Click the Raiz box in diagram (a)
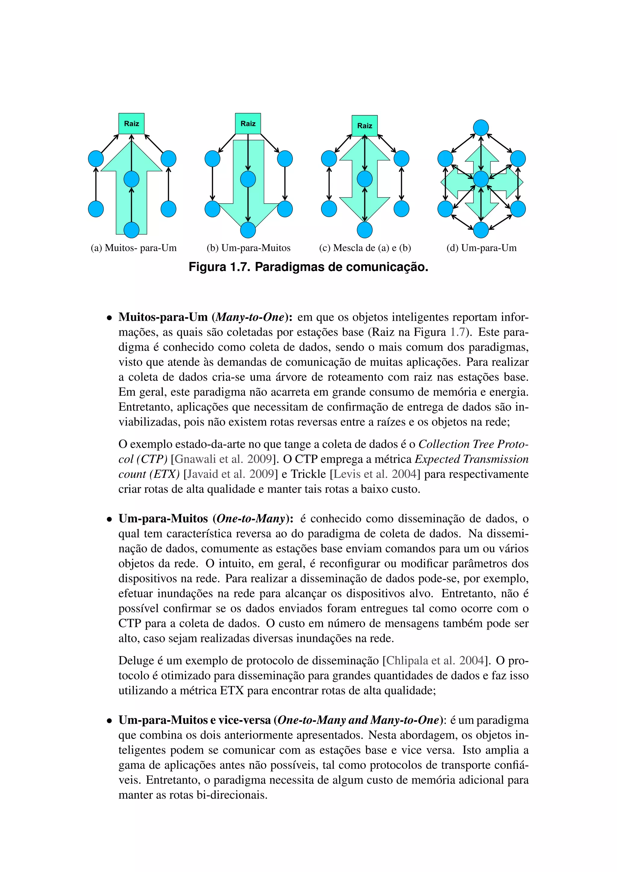(131, 123)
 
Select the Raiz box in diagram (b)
(248, 123)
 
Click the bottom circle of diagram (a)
(131, 230)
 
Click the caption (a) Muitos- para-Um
(133, 248)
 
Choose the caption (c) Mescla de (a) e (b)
(365, 248)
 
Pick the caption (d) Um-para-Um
(481, 248)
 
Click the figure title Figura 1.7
(308, 267)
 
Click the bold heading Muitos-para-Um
(163, 317)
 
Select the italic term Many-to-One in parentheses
(250, 317)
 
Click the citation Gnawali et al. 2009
(223, 459)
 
